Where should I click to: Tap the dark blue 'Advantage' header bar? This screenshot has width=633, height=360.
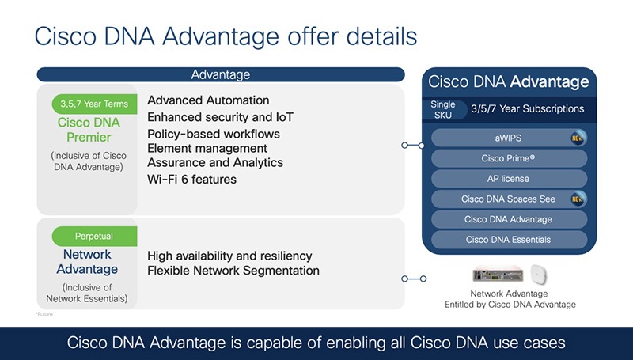[220, 75]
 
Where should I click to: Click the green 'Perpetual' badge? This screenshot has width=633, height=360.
[95, 236]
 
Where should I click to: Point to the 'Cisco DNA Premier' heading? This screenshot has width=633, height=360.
[89, 130]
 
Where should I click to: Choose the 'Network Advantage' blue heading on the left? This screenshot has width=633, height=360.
[87, 262]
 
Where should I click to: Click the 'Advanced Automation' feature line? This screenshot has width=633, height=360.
[208, 100]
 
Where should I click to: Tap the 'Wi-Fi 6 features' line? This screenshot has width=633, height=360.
[191, 180]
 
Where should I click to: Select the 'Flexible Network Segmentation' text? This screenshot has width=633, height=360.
[233, 271]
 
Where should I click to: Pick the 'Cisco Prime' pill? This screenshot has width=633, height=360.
[508, 158]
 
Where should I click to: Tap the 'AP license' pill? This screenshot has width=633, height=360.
[508, 179]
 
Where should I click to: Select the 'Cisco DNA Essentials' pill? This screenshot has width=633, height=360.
[508, 240]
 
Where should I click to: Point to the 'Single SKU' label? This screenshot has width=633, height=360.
[443, 109]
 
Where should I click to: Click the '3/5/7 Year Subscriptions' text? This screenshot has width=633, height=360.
[527, 109]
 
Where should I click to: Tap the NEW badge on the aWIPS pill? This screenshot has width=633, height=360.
[578, 138]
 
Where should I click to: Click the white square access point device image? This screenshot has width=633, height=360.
[539, 275]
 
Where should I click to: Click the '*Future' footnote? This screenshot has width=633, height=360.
[44, 315]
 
